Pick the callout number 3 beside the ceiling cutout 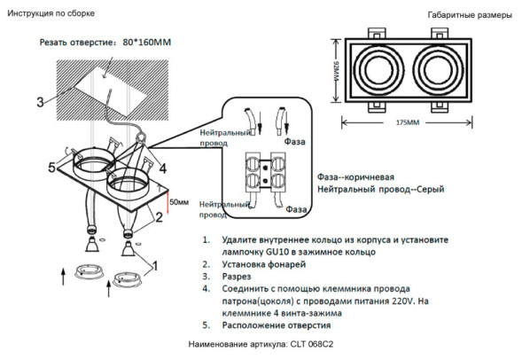click(x=41, y=101)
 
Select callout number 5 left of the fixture click(x=52, y=168)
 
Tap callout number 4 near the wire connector click(x=162, y=167)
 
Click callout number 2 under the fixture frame click(x=159, y=215)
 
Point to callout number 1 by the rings click(x=156, y=264)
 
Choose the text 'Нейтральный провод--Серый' click(x=380, y=190)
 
